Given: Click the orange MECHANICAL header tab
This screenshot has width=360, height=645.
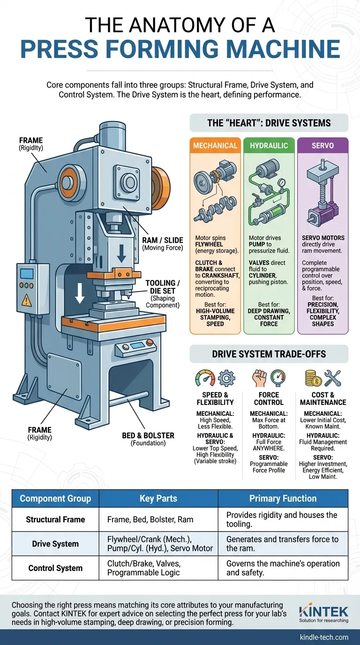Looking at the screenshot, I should [216, 146].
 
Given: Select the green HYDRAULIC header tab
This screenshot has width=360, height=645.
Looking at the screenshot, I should [269, 146].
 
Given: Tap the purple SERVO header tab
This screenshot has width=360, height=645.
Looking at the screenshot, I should [322, 146].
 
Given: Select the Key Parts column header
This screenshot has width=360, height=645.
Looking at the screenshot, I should [158, 498].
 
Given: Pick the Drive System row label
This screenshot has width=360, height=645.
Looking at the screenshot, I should [55, 544].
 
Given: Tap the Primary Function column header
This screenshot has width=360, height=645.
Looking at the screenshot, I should [283, 498].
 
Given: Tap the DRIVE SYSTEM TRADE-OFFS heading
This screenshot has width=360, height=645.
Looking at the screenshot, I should [269, 353].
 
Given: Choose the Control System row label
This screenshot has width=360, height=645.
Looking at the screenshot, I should [55, 568].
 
